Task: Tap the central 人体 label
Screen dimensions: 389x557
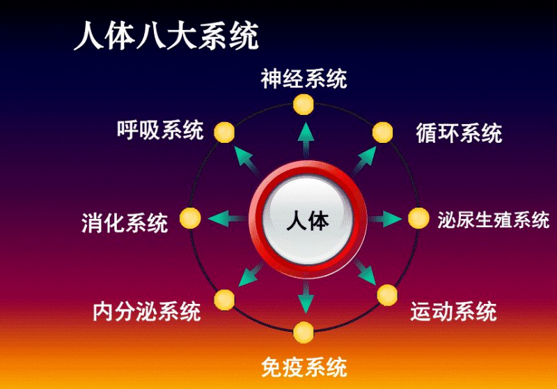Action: click(x=307, y=221)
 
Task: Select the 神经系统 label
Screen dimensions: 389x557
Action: click(x=304, y=79)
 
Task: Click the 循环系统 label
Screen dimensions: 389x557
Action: click(x=459, y=132)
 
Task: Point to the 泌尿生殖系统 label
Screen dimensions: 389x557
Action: click(x=494, y=220)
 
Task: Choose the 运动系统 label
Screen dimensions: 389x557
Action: click(x=453, y=310)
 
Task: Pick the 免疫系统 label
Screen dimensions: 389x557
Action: click(x=304, y=365)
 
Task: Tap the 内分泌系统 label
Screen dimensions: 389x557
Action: click(x=147, y=311)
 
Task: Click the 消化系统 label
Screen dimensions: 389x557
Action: click(x=125, y=223)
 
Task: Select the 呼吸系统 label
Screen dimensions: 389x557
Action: click(x=161, y=130)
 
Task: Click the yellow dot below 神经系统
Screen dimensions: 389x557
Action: click(x=304, y=105)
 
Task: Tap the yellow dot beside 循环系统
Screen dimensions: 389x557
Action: click(x=383, y=132)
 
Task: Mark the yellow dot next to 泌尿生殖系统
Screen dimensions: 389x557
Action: click(x=418, y=219)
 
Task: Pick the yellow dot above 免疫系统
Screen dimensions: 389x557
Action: click(x=304, y=332)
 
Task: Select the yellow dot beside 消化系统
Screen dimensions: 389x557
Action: click(x=190, y=218)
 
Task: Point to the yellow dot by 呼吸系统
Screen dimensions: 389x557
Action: click(x=223, y=131)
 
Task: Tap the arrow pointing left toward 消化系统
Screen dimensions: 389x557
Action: click(x=226, y=218)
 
